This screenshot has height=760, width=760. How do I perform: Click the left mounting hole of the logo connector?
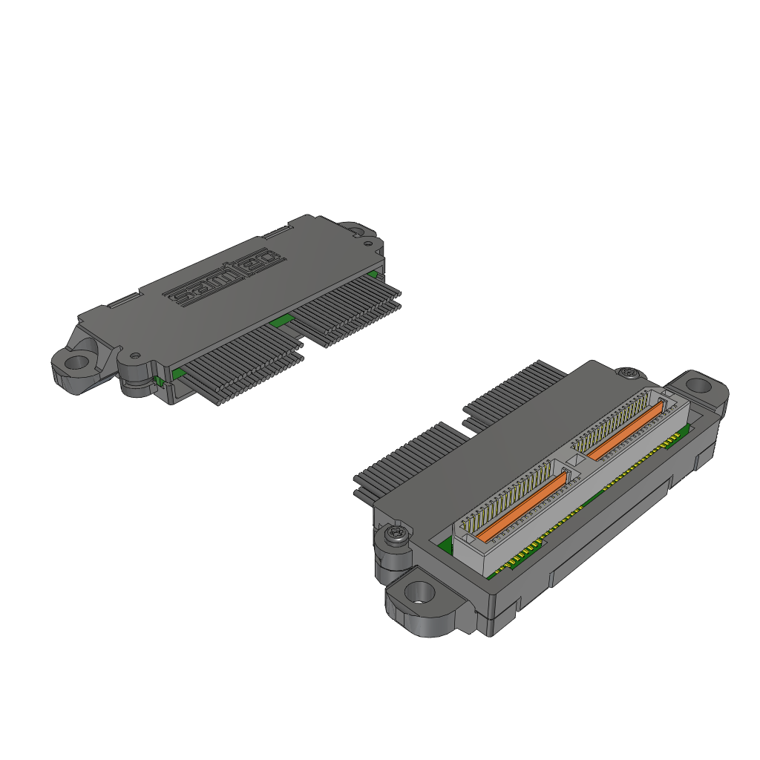pyautogui.click(x=76, y=361)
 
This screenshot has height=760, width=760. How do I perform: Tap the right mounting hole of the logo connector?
pyautogui.click(x=356, y=231)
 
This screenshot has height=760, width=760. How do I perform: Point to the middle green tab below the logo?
pyautogui.click(x=281, y=321)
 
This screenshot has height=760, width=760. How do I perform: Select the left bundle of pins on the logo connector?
pyautogui.click(x=243, y=364)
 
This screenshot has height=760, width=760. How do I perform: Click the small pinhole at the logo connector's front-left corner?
pyautogui.click(x=135, y=355)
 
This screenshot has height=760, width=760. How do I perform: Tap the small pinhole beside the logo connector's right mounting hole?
pyautogui.click(x=368, y=243)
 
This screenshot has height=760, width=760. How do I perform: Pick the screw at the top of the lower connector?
pyautogui.click(x=629, y=373)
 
